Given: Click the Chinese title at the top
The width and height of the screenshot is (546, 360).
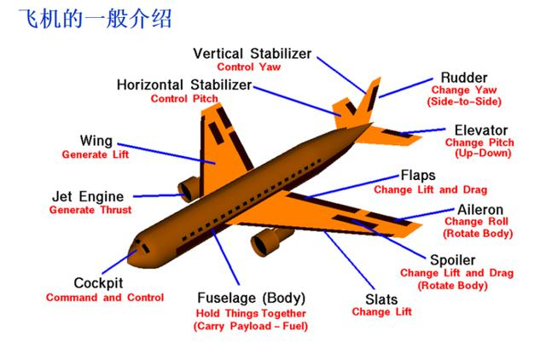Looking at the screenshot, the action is point(95,19).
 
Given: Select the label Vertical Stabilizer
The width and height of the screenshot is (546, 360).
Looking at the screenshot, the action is point(253,54).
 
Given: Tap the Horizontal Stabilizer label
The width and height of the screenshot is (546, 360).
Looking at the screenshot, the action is point(184,85).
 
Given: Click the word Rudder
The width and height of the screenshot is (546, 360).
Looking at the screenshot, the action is point(464,78).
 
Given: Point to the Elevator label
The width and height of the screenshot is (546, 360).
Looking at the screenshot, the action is point(481,131).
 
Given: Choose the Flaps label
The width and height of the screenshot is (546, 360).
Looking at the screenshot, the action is point(418,175).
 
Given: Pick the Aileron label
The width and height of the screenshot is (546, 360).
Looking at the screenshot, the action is point(480,210).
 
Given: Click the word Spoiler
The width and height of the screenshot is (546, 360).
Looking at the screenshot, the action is point(453,260).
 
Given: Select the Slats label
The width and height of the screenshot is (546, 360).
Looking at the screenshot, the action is point(381,299).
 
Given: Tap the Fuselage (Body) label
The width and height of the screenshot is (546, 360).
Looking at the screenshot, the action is point(252,298).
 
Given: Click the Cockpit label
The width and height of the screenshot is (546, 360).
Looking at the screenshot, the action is point(98,283).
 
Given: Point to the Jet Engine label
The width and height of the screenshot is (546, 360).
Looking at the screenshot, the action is point(88,197).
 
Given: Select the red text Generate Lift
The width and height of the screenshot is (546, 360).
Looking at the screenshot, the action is point(96,154).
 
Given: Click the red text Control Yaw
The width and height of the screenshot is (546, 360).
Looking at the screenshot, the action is point(248,67).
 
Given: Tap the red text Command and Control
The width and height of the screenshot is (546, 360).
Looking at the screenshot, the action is point(105,298).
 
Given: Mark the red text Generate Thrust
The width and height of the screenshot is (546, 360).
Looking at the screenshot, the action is point(90,210).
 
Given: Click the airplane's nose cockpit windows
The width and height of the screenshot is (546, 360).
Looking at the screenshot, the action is point(142,246).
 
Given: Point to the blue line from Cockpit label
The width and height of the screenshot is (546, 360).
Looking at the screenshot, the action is point(119,262).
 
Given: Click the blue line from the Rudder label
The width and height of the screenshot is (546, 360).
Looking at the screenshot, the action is point(406,88).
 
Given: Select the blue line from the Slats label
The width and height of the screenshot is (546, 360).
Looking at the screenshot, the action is point(349,259).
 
